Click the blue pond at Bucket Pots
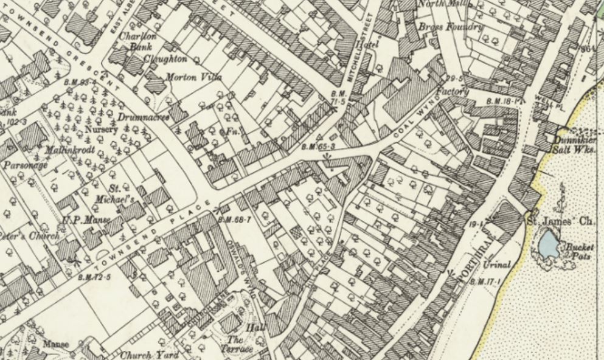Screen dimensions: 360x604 [547, 245]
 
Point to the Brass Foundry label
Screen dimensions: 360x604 [451, 27]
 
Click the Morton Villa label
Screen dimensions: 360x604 [194, 78]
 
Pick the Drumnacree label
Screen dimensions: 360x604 [144, 117]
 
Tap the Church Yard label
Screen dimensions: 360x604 [150, 355]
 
